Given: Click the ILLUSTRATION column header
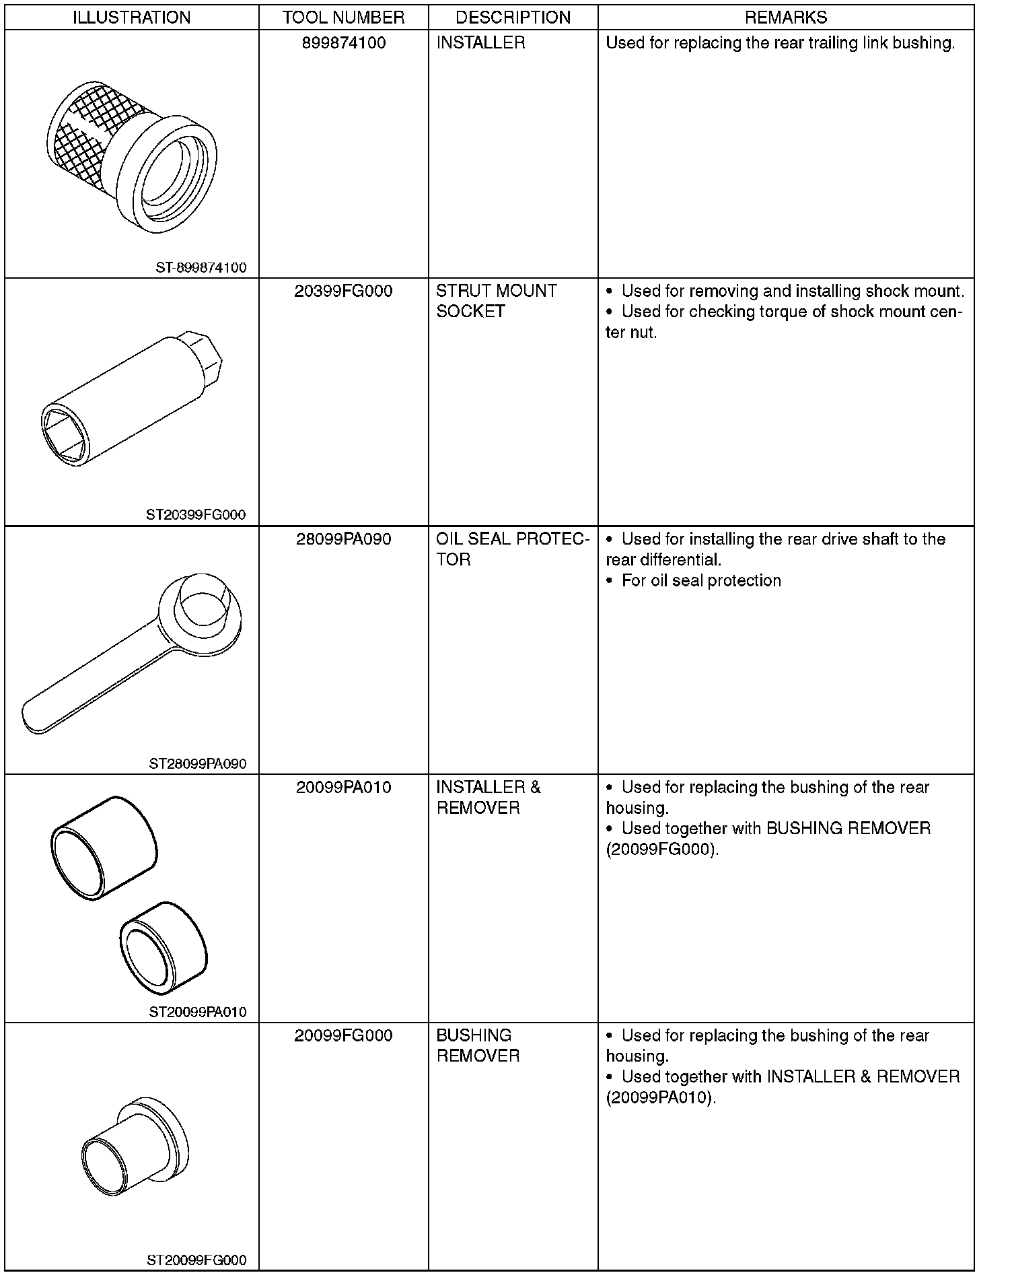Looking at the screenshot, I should [x=131, y=18].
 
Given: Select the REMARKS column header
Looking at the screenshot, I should [x=785, y=18].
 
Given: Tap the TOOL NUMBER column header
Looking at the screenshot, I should [x=343, y=18].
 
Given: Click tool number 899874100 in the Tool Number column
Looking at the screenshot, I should [x=343, y=43].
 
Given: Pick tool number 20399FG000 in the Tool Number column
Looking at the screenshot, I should [x=343, y=291].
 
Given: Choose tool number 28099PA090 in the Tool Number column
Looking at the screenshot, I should [x=343, y=540].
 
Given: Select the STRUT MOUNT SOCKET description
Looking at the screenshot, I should [x=496, y=301].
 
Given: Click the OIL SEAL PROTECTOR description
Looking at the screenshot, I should [x=512, y=549].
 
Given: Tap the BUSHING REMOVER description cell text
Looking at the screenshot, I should [x=478, y=1045].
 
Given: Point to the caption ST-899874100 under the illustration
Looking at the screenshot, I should [x=201, y=268].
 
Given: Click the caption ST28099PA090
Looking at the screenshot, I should [x=198, y=764].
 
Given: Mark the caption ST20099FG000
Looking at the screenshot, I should [x=196, y=1260].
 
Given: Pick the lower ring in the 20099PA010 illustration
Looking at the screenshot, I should [x=164, y=948].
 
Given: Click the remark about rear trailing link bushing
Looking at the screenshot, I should [x=780, y=43].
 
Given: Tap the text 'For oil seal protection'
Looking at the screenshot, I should [x=700, y=581].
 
